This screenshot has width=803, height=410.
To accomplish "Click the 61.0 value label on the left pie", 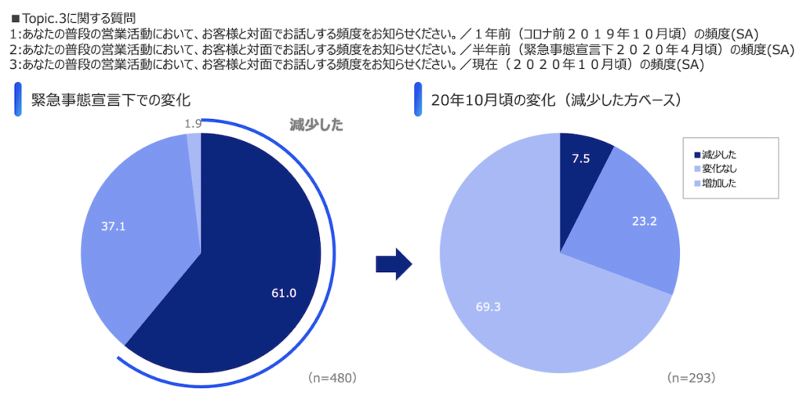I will tap(283, 293).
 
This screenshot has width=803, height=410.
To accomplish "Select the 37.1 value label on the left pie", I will tap(114, 226).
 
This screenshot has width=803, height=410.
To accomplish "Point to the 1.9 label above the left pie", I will tap(193, 123).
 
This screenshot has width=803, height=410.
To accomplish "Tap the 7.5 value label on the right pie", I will tap(580, 158).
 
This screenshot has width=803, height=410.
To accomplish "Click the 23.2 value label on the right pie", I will tap(644, 222).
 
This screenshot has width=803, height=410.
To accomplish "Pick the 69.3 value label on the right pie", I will tap(488, 306).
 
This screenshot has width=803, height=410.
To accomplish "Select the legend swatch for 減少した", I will tap(696, 155).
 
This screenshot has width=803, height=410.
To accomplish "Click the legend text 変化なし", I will tap(719, 169).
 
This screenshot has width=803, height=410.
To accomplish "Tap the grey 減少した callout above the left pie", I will tap(316, 125).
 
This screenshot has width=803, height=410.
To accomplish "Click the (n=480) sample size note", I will tap(332, 378).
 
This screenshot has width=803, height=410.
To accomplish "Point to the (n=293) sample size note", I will tap(691, 378).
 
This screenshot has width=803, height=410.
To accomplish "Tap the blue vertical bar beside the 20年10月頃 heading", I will tap(418, 100).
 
